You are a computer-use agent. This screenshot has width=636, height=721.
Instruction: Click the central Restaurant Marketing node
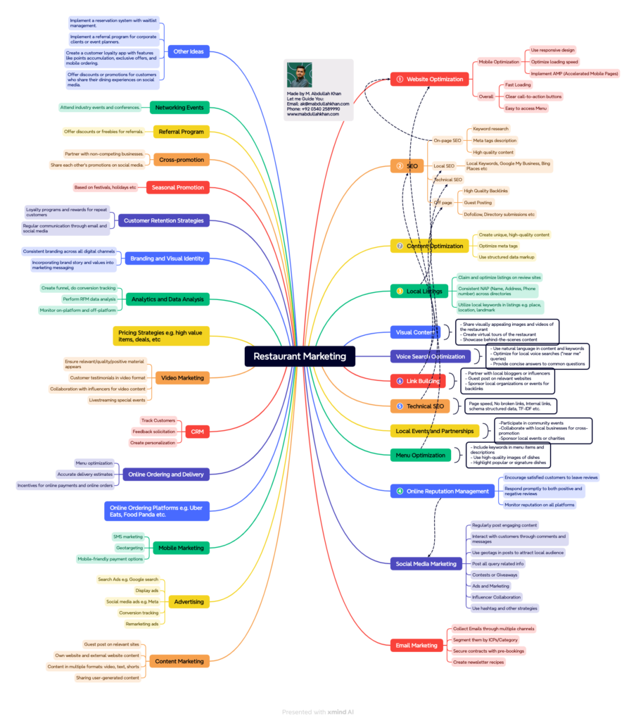click(x=300, y=356)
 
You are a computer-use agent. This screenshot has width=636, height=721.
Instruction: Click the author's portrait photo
click(x=300, y=75)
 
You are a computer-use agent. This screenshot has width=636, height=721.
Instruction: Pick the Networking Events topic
click(x=179, y=107)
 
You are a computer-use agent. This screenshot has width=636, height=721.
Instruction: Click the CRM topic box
click(x=197, y=432)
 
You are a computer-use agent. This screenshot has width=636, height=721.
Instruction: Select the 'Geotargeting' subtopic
click(x=129, y=548)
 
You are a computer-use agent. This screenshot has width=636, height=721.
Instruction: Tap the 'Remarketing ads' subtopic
click(x=141, y=624)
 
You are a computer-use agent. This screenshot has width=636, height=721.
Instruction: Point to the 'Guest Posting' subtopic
click(x=478, y=202)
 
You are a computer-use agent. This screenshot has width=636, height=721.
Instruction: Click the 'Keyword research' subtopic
click(x=490, y=129)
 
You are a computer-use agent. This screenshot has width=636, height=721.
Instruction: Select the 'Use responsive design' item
click(x=552, y=50)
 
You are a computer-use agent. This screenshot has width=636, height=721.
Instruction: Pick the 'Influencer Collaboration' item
click(x=497, y=597)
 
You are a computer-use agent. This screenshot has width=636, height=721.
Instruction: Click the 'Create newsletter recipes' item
click(x=478, y=662)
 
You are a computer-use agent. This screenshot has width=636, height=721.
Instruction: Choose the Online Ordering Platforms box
click(x=157, y=510)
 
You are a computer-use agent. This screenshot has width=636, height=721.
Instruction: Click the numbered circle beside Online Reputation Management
click(x=400, y=491)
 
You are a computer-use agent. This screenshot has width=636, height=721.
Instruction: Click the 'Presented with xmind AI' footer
click(x=318, y=712)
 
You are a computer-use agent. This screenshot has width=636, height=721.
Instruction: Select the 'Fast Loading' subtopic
click(x=518, y=84)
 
